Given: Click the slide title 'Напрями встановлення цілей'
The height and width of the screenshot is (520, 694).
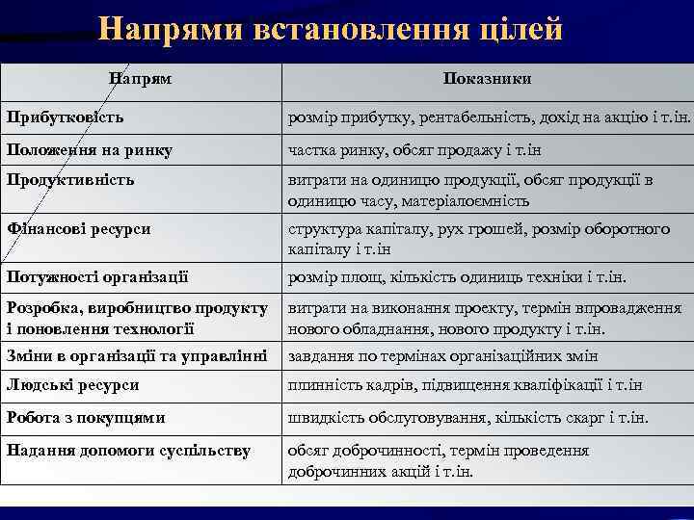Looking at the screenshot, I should click(x=330, y=29).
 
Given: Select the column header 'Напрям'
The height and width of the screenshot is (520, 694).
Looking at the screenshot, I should click(x=140, y=78).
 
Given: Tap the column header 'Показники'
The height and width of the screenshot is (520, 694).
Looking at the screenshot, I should click(x=487, y=78).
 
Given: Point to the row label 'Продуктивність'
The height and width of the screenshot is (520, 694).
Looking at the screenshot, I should click(x=70, y=179).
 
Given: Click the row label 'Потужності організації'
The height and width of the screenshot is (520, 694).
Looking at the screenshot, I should click(x=97, y=277).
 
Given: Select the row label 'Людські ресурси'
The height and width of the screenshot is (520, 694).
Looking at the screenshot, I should click(x=73, y=385).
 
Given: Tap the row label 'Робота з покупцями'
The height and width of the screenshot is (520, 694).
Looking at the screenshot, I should click(x=86, y=418).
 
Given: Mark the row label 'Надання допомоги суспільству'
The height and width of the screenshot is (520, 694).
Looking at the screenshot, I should click(x=128, y=450).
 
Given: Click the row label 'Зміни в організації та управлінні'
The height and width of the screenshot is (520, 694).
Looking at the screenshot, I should click(x=136, y=355).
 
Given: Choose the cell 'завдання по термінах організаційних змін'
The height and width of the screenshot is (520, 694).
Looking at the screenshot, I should click(x=442, y=356).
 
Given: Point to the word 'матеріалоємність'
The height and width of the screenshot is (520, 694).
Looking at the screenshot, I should click(x=470, y=200).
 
